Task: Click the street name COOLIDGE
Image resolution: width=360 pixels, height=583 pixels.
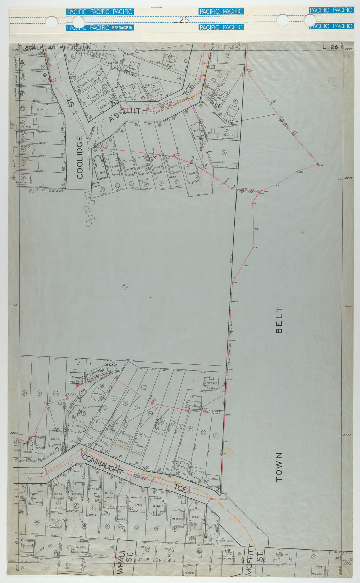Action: [x=80, y=157]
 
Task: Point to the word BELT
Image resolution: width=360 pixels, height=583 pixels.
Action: [x=279, y=320]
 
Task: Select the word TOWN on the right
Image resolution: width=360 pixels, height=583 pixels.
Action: [x=279, y=467]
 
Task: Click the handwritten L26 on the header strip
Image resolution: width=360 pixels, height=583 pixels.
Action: [x=181, y=20]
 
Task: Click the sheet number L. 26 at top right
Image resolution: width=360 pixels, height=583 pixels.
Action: [x=330, y=47]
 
